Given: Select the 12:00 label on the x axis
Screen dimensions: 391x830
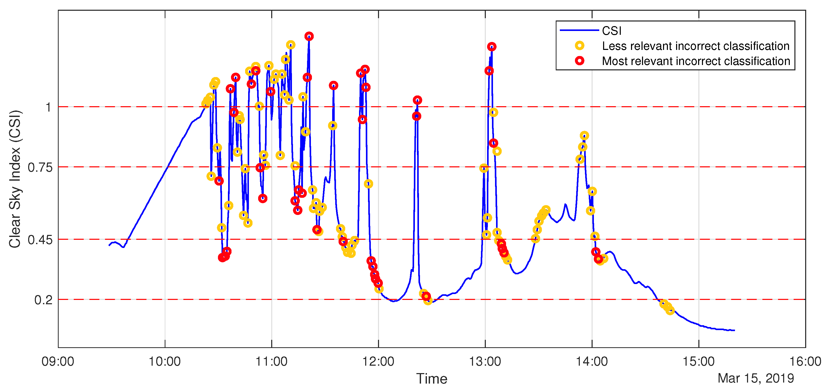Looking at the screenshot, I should tap(378, 361).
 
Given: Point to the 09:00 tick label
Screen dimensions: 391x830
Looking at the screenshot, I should tap(58, 361).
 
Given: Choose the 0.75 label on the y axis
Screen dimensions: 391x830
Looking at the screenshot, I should tap(40, 167).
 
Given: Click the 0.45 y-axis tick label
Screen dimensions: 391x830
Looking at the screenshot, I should tap(40, 240).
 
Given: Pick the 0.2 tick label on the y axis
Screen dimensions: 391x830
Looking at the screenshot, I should tap(43, 300).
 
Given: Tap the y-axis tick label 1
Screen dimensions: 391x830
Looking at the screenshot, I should tap(48, 107).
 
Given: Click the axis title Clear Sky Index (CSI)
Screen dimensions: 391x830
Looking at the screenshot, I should tap(15, 179).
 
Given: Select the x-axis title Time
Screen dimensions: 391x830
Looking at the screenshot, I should tap(432, 379).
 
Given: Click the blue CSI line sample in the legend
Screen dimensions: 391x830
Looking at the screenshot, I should tap(579, 30).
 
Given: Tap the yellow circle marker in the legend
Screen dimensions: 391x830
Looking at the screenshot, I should tap(579, 46).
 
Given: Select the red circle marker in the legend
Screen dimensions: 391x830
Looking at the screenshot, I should tap(579, 61).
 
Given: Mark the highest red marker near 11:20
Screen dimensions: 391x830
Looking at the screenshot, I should tap(309, 36).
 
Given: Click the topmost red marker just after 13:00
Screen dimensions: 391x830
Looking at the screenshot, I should tap(491, 47).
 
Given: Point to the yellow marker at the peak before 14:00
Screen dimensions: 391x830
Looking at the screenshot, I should tap(584, 136).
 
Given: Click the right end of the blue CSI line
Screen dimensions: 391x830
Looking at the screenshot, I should tap(734, 330).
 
